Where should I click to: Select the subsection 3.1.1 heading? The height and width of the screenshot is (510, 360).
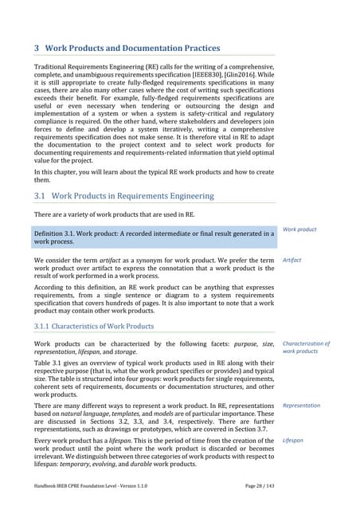tap(99, 326)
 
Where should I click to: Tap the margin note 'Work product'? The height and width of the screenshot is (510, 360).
tap(299, 229)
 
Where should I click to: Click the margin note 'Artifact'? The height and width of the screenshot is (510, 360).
tap(293, 260)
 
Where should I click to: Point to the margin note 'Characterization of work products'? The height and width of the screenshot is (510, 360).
tap(306, 347)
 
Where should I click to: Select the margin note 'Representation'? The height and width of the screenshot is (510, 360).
tap(301, 405)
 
